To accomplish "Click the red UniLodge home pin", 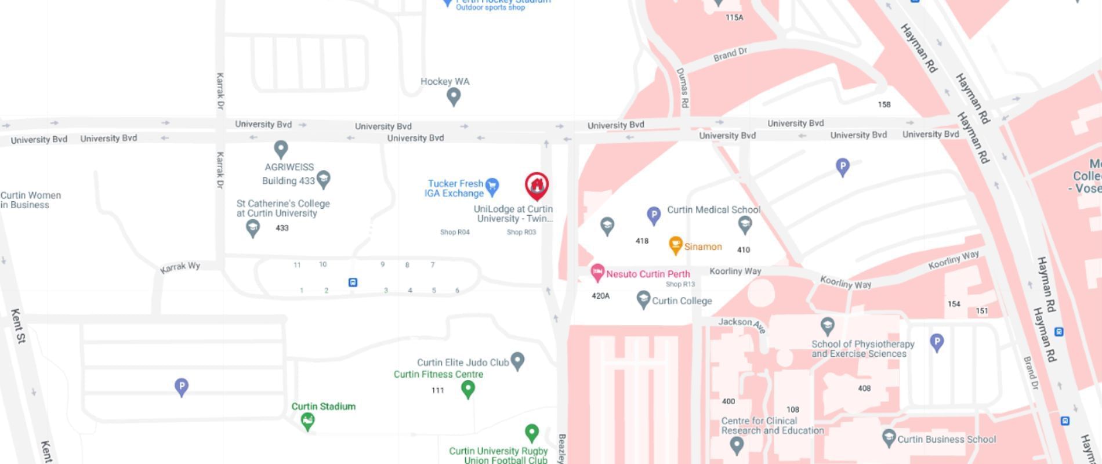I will point(537,186).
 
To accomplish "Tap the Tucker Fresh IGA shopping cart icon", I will point(492,186).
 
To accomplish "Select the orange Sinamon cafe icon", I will point(675,245).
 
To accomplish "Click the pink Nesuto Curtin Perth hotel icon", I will point(597,273).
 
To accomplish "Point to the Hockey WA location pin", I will point(454,96).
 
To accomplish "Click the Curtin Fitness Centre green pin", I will point(468,389).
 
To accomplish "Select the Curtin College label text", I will point(681,301).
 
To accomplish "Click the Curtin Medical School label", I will point(713,210).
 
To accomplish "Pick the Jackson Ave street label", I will point(742,324).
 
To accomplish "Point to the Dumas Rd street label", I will point(683,88).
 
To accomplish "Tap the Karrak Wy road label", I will point(180,267).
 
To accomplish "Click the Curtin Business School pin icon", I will point(889,438).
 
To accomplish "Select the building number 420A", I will point(600,296).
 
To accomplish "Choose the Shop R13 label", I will point(680,284).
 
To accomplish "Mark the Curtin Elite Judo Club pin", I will point(517,361).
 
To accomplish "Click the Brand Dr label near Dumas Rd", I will point(730,55).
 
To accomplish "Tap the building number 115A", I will point(734,17).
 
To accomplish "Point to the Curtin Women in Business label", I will point(30,200).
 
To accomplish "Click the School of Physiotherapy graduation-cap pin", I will point(828,325).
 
